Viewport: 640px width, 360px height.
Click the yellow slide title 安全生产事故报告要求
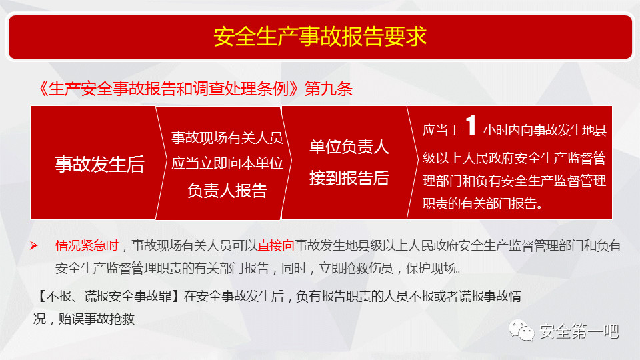coord(320,36)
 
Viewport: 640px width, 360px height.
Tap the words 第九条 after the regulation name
coord(329,89)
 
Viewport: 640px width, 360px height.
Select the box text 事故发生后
coord(99,164)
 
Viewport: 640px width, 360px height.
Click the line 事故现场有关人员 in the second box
coord(227,137)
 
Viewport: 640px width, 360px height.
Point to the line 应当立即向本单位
coord(227,163)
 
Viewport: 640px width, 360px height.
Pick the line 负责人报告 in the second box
coord(227,191)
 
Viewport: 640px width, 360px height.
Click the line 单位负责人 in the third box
coord(349,147)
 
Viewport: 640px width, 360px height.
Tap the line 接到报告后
coord(349,179)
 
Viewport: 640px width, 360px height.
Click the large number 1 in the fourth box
coord(471,125)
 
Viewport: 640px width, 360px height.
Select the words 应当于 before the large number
coord(441,130)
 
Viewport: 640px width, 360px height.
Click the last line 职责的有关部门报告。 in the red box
coord(483,203)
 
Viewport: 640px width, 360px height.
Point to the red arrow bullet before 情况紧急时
coord(34,245)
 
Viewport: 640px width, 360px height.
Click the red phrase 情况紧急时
coord(87,245)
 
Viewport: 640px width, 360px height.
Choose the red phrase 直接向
coord(276,245)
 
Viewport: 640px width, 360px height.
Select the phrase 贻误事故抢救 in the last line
coord(96,319)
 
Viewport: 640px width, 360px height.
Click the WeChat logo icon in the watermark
coord(521,331)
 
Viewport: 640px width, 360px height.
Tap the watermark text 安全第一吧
coord(579,331)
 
